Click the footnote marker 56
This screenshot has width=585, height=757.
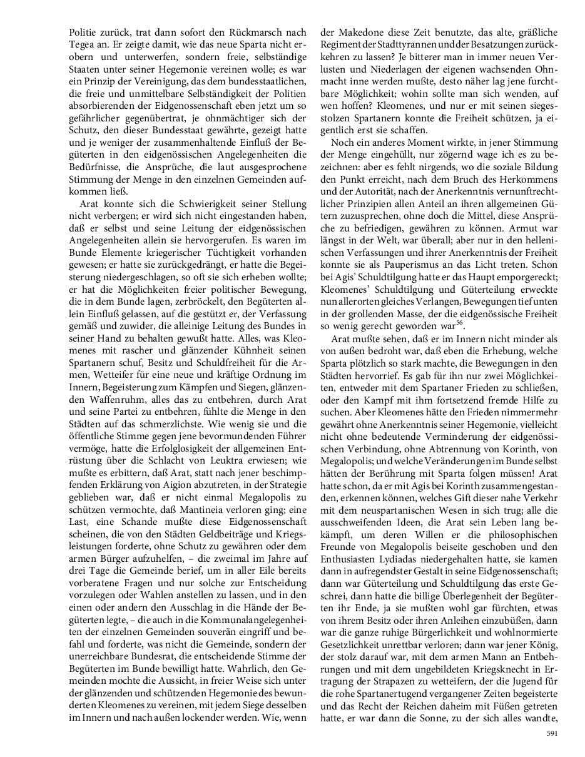[460, 323]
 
